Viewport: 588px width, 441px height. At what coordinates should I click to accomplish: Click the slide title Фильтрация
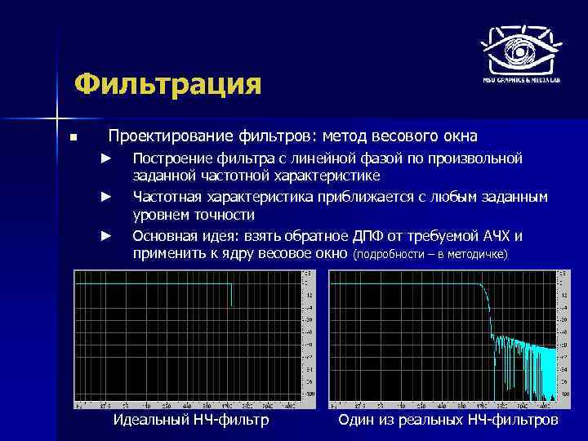(167, 84)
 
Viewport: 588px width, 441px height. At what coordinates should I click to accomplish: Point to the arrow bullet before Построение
(105, 157)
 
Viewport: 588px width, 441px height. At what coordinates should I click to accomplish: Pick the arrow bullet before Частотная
(105, 197)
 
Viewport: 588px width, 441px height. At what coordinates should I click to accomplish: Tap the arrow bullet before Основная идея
(105, 236)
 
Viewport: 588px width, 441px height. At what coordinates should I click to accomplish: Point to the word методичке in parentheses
(479, 256)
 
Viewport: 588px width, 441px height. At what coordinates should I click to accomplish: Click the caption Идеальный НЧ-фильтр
(189, 421)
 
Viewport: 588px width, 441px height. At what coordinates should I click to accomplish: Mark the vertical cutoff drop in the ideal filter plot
(232, 295)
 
